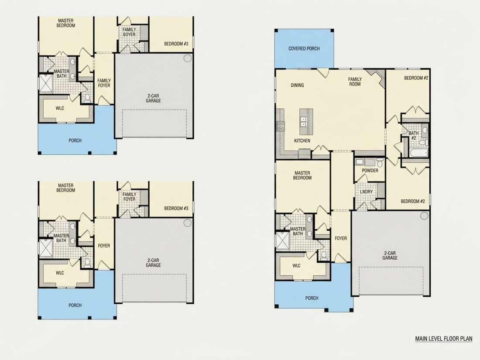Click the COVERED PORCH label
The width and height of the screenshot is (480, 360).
pyautogui.click(x=304, y=48)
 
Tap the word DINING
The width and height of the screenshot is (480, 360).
pyautogui.click(x=297, y=85)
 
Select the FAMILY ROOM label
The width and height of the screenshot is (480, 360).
pyautogui.click(x=355, y=82)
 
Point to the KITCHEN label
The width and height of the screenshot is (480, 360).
pyautogui.click(x=302, y=141)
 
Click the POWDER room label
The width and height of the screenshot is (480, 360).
pyautogui.click(x=370, y=171)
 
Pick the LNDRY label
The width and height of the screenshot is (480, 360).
pyautogui.click(x=367, y=192)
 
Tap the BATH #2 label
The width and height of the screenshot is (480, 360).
pyautogui.click(x=414, y=136)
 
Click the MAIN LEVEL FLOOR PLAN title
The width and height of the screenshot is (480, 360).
pyautogui.click(x=444, y=339)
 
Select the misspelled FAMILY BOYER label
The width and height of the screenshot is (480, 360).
pyautogui.click(x=129, y=32)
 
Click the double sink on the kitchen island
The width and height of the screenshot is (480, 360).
pyautogui.click(x=304, y=122)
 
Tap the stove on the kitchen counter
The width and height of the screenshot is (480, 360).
pyautogui.click(x=281, y=126)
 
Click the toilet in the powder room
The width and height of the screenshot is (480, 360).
pyautogui.click(x=380, y=161)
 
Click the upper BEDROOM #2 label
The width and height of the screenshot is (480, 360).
pyautogui.click(x=416, y=78)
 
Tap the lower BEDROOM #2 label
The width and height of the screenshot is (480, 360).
pyautogui.click(x=413, y=201)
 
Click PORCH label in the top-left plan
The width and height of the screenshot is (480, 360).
pyautogui.click(x=75, y=141)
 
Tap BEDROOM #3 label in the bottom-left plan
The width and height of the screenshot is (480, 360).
pyautogui.click(x=176, y=209)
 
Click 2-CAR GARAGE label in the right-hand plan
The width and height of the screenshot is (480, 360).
pyautogui.click(x=390, y=255)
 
